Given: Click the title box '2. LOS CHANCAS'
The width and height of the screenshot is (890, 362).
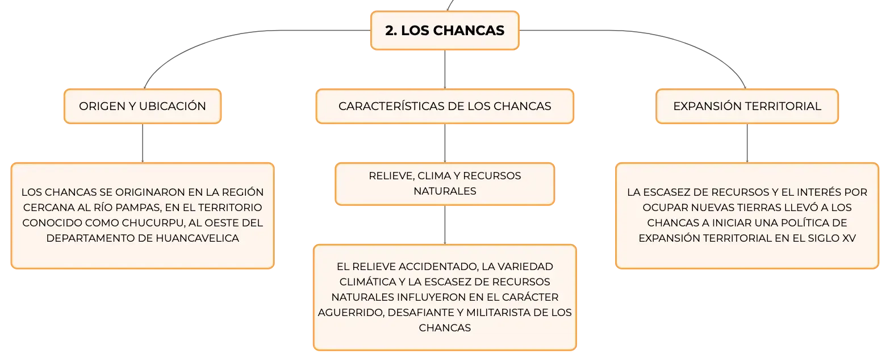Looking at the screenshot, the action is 445,31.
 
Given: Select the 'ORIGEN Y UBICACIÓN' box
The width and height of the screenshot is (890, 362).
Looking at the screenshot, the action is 143,106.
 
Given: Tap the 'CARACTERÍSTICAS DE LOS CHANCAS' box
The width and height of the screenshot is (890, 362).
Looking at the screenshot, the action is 445,106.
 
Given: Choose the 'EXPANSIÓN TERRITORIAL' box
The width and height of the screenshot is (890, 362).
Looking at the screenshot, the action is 747,106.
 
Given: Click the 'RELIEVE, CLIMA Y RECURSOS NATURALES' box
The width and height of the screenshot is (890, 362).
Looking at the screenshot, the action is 445,184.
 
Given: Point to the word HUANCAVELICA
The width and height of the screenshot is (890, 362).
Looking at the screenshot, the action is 197,238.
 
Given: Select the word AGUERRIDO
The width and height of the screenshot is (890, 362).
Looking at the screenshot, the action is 351,313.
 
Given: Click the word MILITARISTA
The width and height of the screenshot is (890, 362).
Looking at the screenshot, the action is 498,313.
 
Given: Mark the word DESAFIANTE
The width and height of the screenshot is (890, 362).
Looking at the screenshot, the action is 421,313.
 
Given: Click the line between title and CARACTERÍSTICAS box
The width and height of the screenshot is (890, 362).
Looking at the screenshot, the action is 445,69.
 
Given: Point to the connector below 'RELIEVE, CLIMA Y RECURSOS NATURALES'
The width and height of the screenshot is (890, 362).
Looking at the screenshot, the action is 445,225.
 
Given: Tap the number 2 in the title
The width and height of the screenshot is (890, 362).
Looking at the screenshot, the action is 391,31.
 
